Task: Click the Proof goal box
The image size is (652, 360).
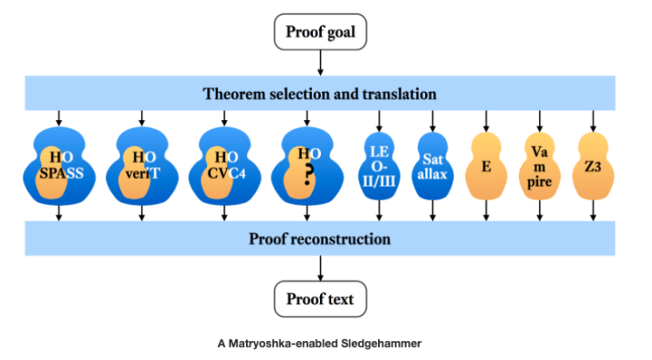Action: [320, 34]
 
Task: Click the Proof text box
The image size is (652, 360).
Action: [320, 299]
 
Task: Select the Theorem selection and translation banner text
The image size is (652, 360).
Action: [320, 93]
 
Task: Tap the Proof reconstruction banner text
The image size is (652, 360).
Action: [320, 238]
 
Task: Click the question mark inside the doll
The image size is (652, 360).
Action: [305, 174]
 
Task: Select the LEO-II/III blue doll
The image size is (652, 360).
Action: [379, 166]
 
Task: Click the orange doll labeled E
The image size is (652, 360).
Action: [487, 166]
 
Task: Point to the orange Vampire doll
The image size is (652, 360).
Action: [540, 166]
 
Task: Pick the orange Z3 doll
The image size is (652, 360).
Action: [594, 166]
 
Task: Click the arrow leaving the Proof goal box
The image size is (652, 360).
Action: [320, 63]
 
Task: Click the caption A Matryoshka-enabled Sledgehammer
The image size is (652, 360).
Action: [320, 343]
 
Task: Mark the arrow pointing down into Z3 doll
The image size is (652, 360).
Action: [594, 119]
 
